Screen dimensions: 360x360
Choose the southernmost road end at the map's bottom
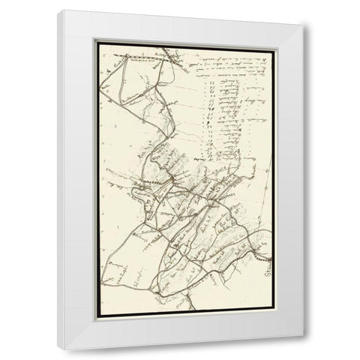point(192,308)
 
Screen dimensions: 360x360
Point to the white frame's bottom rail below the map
point(184,336)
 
